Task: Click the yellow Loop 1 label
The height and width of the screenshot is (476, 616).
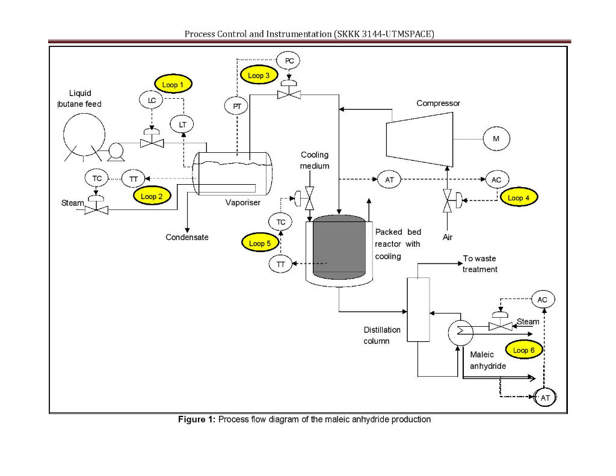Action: pos(173,85)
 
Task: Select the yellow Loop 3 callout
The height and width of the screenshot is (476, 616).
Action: pos(259,75)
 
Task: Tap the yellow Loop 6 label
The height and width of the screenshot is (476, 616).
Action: pos(524,350)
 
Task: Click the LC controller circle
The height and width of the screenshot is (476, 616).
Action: pos(150,100)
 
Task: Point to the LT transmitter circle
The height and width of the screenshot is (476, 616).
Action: pos(182,124)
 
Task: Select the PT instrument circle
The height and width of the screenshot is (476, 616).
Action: pos(236,106)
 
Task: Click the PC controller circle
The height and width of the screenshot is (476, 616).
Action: pos(289,61)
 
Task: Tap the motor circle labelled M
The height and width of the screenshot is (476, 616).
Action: pos(496,139)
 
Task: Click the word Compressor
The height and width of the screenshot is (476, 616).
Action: pos(438,103)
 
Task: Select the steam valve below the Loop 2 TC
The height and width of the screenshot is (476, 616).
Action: pos(96,210)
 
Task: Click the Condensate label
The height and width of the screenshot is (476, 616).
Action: pos(187,237)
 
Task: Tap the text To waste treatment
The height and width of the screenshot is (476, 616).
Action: pos(479,264)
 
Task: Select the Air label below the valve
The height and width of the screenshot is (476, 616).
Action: pos(447,237)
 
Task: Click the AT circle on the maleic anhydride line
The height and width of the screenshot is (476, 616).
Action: pos(545,398)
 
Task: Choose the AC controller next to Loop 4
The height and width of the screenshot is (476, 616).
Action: pos(496,179)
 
